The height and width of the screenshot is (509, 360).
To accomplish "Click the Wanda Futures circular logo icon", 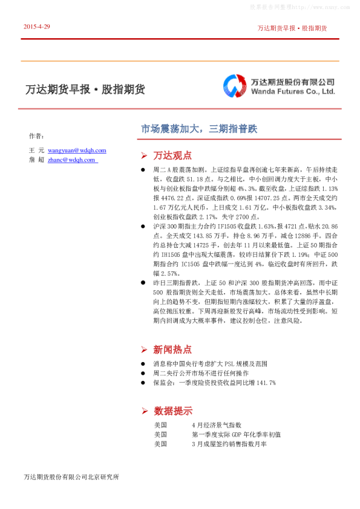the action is pyautogui.click(x=234, y=86).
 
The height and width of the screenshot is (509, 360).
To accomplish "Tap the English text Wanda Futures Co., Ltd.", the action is pyautogui.click(x=293, y=92).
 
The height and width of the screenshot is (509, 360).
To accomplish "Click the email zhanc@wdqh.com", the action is pyautogui.click(x=71, y=160).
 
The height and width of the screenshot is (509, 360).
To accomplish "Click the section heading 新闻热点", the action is pyautogui.click(x=172, y=349).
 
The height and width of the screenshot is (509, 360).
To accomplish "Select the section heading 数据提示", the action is pyautogui.click(x=172, y=410).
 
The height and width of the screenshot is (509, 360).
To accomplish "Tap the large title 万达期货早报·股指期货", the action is pyautogui.click(x=85, y=89).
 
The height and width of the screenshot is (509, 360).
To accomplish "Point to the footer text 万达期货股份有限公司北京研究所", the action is pyautogui.click(x=71, y=477).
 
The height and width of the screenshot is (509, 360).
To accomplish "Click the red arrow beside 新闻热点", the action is pyautogui.click(x=144, y=349).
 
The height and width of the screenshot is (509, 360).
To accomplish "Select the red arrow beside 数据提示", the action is pyautogui.click(x=144, y=411).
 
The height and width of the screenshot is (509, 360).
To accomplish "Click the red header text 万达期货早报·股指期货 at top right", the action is pyautogui.click(x=292, y=28).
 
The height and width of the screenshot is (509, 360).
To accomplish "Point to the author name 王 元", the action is pyautogui.click(x=37, y=150).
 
